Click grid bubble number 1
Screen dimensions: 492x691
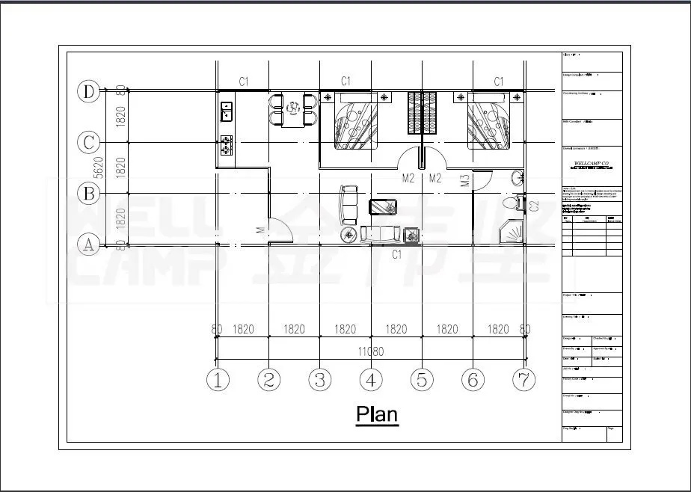[218, 380]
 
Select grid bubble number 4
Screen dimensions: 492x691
[370, 380]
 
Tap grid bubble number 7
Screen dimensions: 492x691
[523, 380]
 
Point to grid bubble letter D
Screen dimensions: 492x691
[89, 92]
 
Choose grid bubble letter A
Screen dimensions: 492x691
[89, 245]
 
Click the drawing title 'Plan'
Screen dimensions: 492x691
[376, 413]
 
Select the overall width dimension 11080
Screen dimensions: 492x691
[370, 351]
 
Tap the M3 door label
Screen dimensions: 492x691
[464, 180]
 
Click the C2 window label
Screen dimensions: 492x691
[534, 205]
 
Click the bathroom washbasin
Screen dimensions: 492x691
[517, 178]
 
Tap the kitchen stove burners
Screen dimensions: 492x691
[226, 144]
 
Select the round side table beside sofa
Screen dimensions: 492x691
[349, 236]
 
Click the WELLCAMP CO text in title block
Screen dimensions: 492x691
[591, 162]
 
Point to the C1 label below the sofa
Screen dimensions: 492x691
[398, 254]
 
